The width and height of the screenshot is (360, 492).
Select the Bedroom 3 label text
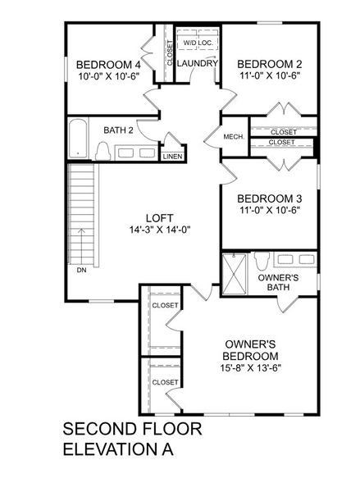270,198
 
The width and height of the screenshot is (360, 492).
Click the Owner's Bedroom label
252,350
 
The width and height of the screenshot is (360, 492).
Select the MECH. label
233,137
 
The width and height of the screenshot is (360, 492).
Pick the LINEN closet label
172,156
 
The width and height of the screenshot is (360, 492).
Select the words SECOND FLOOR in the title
132,430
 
